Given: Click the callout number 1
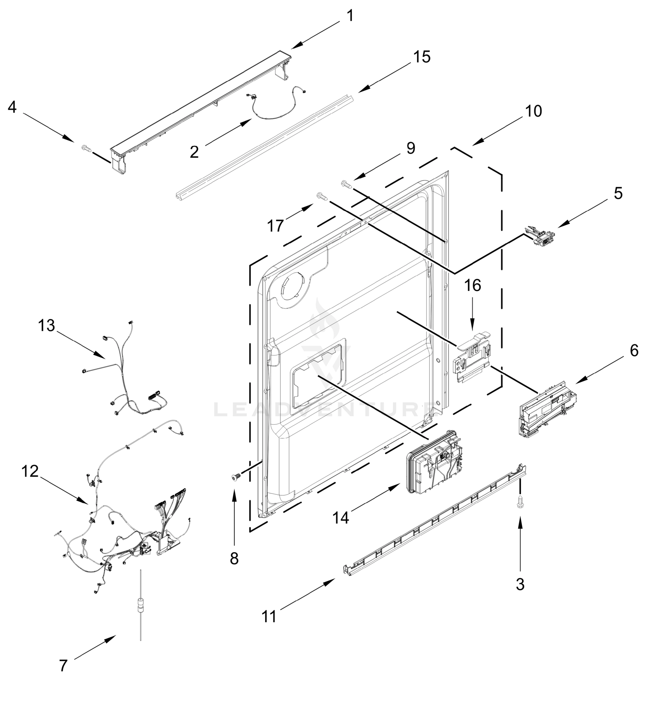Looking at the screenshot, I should point(350,16).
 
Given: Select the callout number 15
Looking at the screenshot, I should point(422,57).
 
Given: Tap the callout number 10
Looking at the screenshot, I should point(533,111).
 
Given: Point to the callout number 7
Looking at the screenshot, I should point(63,666).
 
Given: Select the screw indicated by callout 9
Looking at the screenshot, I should point(346,184).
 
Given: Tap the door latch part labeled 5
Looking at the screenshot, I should point(541,235).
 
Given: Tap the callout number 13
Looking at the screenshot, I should point(47,325).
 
